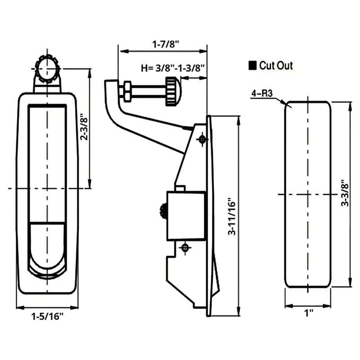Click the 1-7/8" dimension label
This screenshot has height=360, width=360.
coord(166,44)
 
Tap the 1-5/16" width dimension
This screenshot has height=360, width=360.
coord(47,317)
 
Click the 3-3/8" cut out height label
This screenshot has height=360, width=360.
coord(345,193)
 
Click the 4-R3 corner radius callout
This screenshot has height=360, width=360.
coord(262,94)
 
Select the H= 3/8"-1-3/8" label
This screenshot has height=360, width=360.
coord(173,68)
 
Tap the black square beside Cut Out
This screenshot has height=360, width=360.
coord(252,65)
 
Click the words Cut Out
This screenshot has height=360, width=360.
coord(276,65)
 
